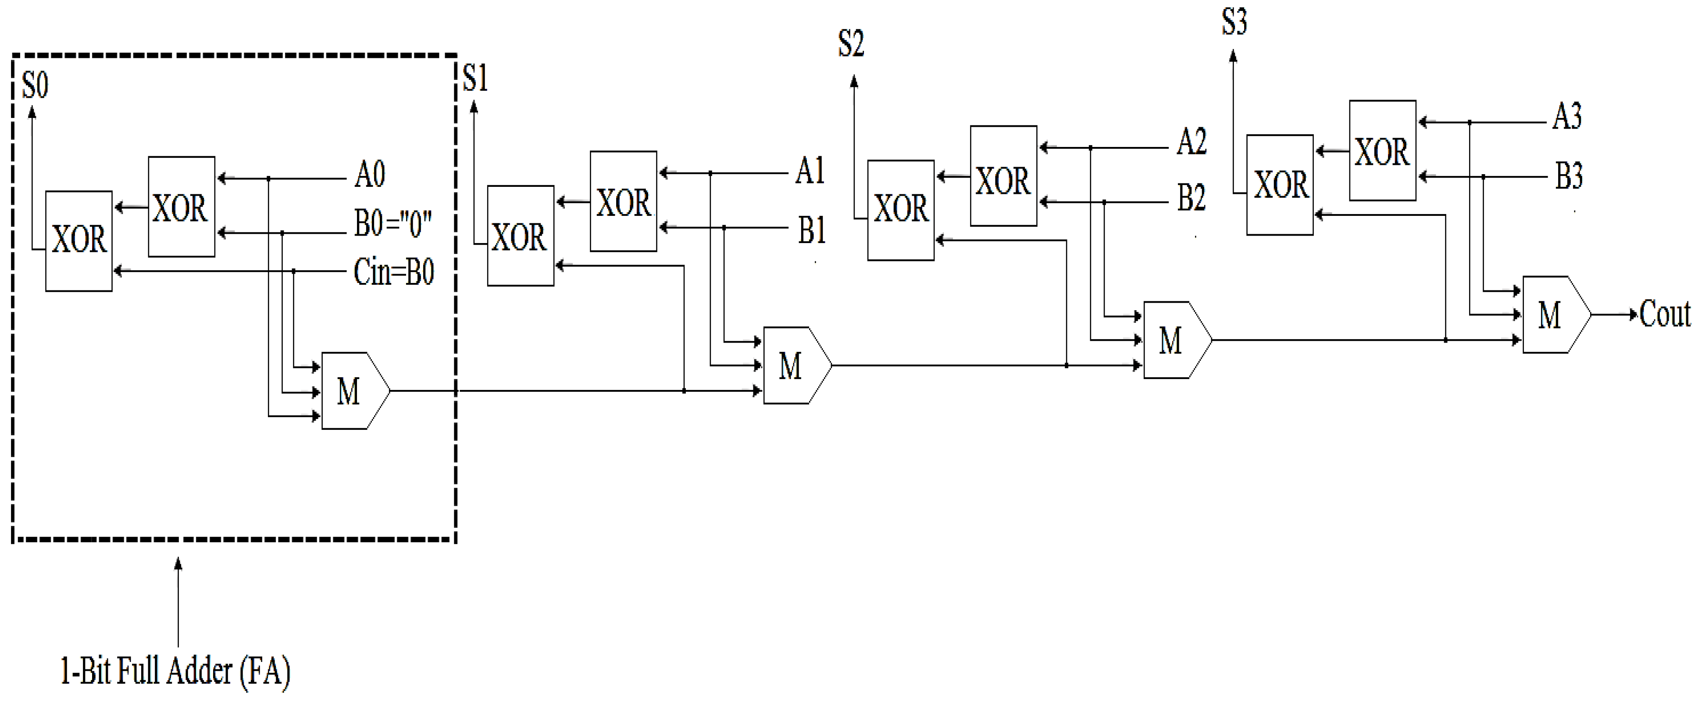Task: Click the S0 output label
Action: point(35,86)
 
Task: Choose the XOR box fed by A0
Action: point(181,207)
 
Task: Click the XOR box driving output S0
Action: point(78,241)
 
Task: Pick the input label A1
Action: point(810,172)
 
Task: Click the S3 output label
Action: point(1234,22)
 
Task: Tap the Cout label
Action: point(1664,315)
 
